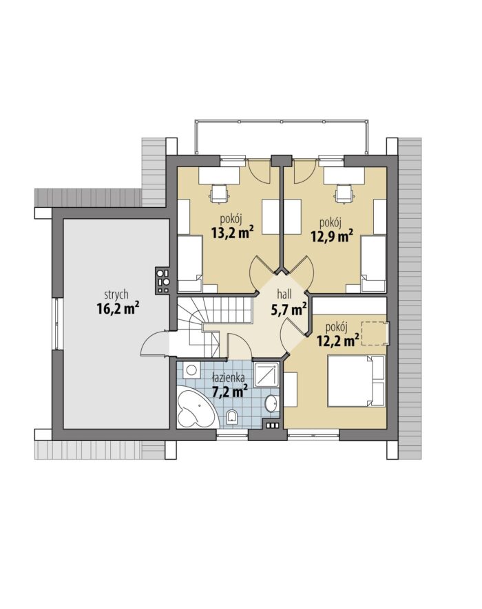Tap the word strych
(116, 295)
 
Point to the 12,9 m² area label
(332, 236)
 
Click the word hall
(284, 293)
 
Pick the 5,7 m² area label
(288, 309)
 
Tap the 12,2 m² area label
(337, 340)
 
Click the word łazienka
(228, 377)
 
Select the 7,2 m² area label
(230, 391)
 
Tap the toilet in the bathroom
(233, 417)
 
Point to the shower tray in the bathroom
(266, 374)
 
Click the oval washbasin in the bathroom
(273, 403)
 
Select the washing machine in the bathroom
(191, 370)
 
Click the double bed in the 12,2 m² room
(357, 381)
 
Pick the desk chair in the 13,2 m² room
(218, 193)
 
